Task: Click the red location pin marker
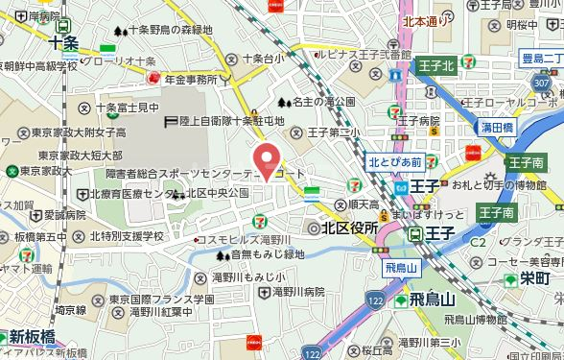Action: pos(267,157)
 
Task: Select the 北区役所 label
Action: pos(348,228)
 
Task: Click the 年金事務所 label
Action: pos(198,80)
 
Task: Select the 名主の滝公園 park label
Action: pos(322,101)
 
